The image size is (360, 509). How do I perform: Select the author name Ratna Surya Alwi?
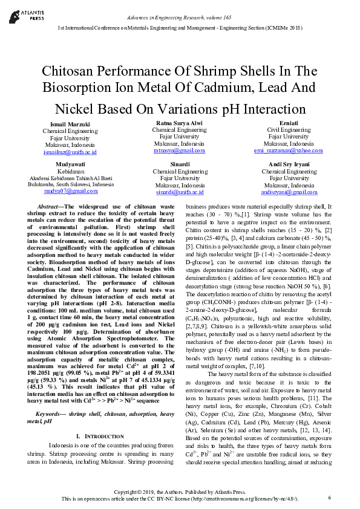[x=179, y=123]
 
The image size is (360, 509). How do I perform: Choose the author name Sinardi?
[x=180, y=164]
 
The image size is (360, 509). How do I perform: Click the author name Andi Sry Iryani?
[x=289, y=164]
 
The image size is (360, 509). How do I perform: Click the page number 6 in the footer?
[x=330, y=498]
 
